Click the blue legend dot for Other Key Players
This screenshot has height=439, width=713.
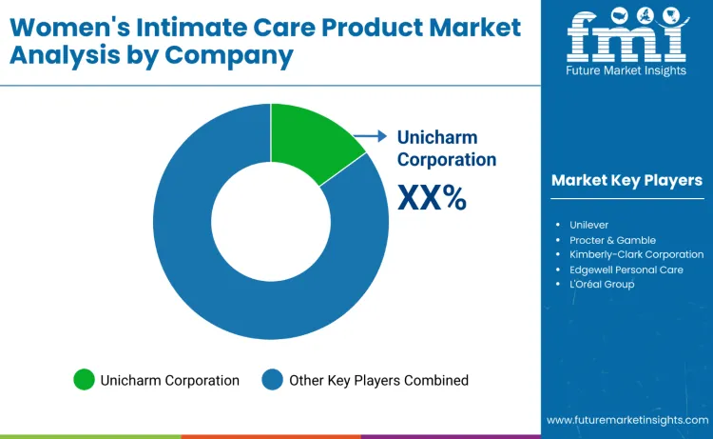pyautogui.click(x=273, y=380)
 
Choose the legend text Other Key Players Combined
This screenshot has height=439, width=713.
pyautogui.click(x=378, y=380)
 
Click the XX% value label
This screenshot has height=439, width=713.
pyautogui.click(x=431, y=197)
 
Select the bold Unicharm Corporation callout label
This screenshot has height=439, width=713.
pyautogui.click(x=446, y=149)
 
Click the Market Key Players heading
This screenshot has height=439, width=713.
pyautogui.click(x=626, y=180)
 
